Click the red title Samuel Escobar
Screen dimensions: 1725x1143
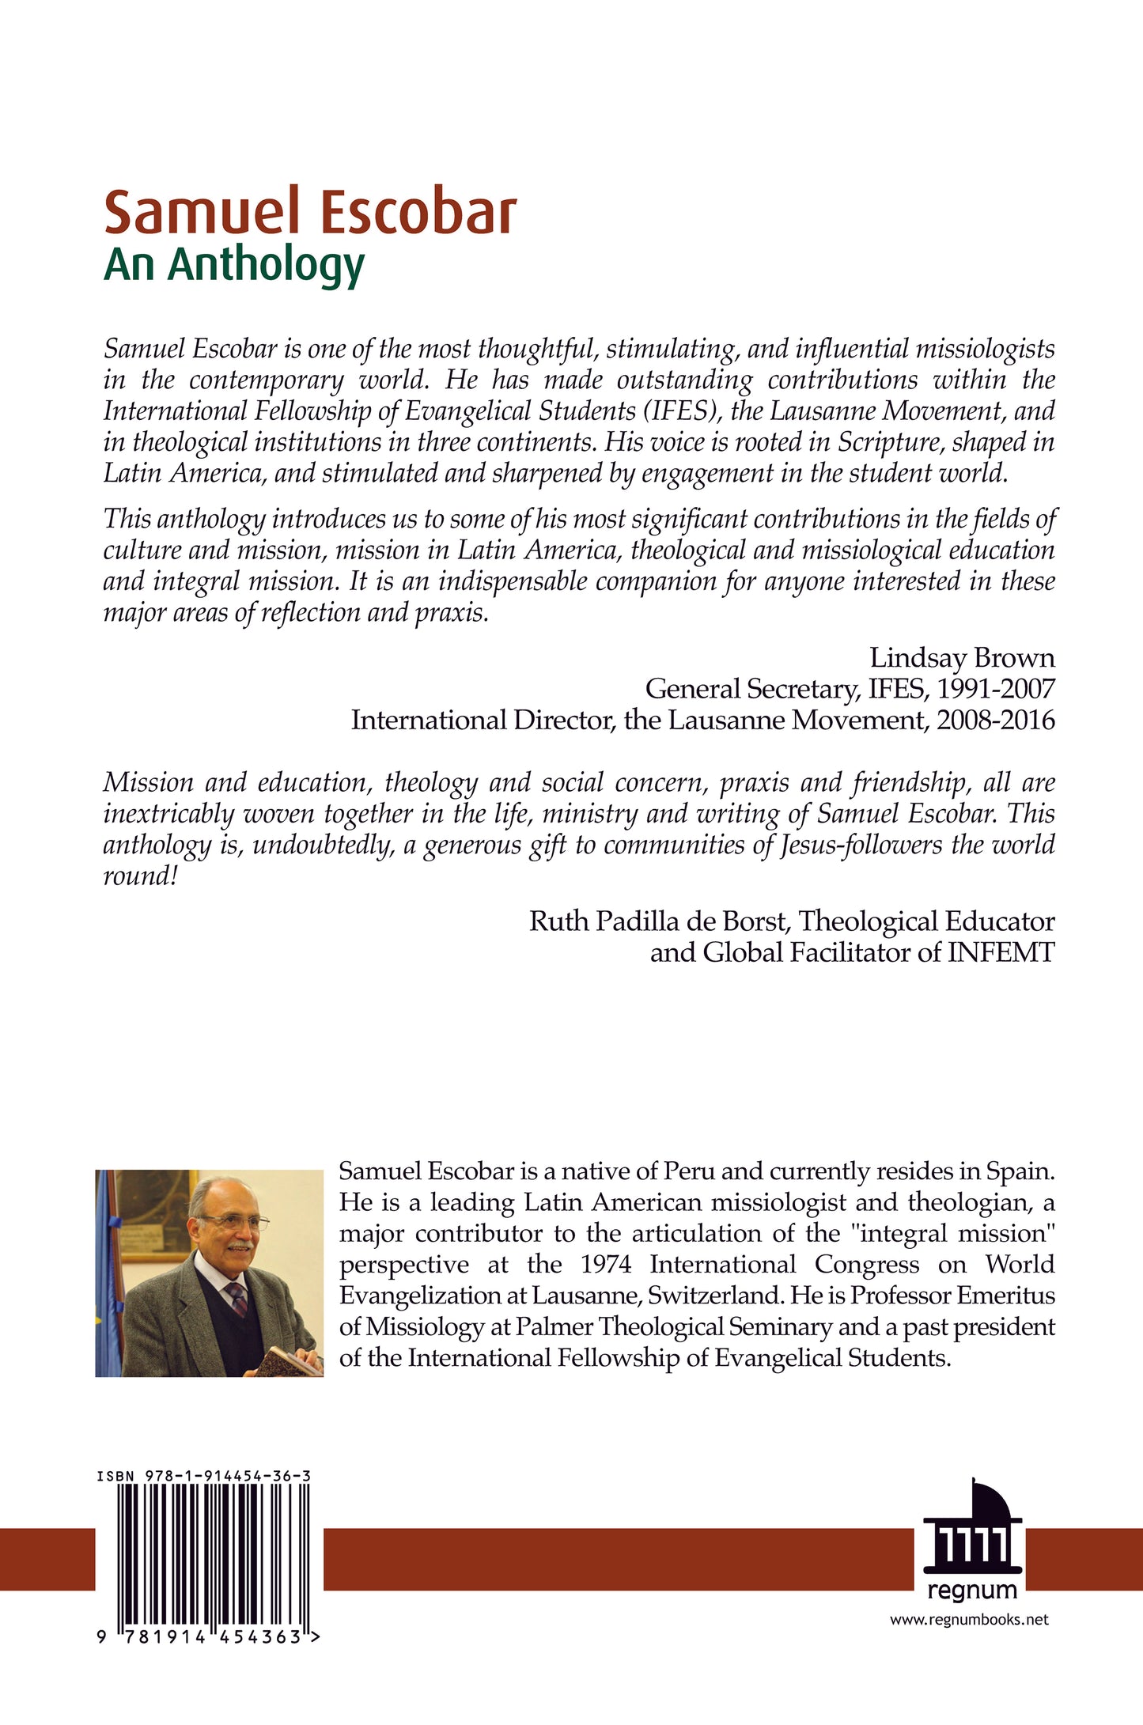click(x=310, y=214)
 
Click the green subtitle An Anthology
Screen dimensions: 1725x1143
click(x=234, y=266)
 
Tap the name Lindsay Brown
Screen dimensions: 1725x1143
click(x=962, y=658)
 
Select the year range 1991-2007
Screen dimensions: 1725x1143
click(x=996, y=689)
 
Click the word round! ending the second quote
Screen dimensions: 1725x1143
click(x=140, y=876)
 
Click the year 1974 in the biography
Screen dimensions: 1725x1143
click(x=605, y=1264)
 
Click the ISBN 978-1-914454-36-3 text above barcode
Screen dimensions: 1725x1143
click(x=203, y=1476)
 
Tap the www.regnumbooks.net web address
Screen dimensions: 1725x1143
click(x=969, y=1620)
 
